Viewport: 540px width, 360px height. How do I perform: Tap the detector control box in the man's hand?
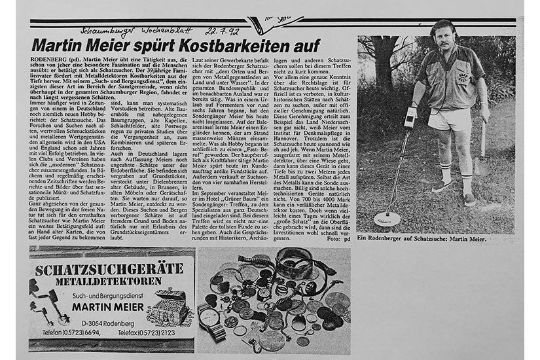(410, 120)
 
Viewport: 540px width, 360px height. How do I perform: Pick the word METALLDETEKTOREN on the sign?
(111, 282)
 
